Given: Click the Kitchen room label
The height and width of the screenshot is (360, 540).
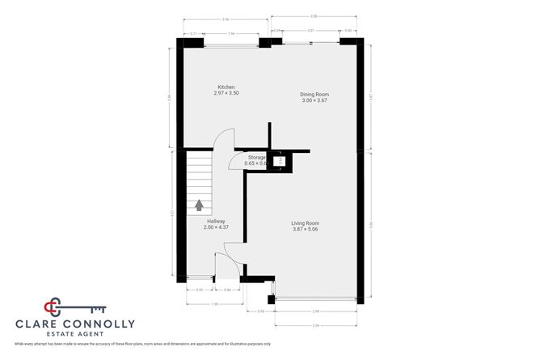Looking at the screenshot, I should point(226,87).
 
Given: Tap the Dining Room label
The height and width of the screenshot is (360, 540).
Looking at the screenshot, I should point(314,94).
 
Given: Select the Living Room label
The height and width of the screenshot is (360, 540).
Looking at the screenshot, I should point(306,222).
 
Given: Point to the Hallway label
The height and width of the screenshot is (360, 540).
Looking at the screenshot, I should point(216,221).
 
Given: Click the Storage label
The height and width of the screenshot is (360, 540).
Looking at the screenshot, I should point(256,157).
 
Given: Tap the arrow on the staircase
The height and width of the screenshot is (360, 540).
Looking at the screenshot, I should point(199,205).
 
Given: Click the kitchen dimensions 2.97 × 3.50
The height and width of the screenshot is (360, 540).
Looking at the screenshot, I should point(226,93).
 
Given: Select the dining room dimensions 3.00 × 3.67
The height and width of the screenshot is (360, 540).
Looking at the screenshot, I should point(314,100).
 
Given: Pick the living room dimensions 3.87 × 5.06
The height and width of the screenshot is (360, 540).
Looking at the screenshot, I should point(306,229).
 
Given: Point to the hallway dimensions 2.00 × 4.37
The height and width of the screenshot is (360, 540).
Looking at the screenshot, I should point(216,227).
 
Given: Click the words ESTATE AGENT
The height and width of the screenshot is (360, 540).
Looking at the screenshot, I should point(75,335).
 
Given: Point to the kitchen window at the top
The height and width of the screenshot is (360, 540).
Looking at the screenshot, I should point(230,44).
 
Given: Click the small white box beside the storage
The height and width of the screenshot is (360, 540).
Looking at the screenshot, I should point(280,160).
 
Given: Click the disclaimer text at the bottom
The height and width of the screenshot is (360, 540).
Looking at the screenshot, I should point(142,344).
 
